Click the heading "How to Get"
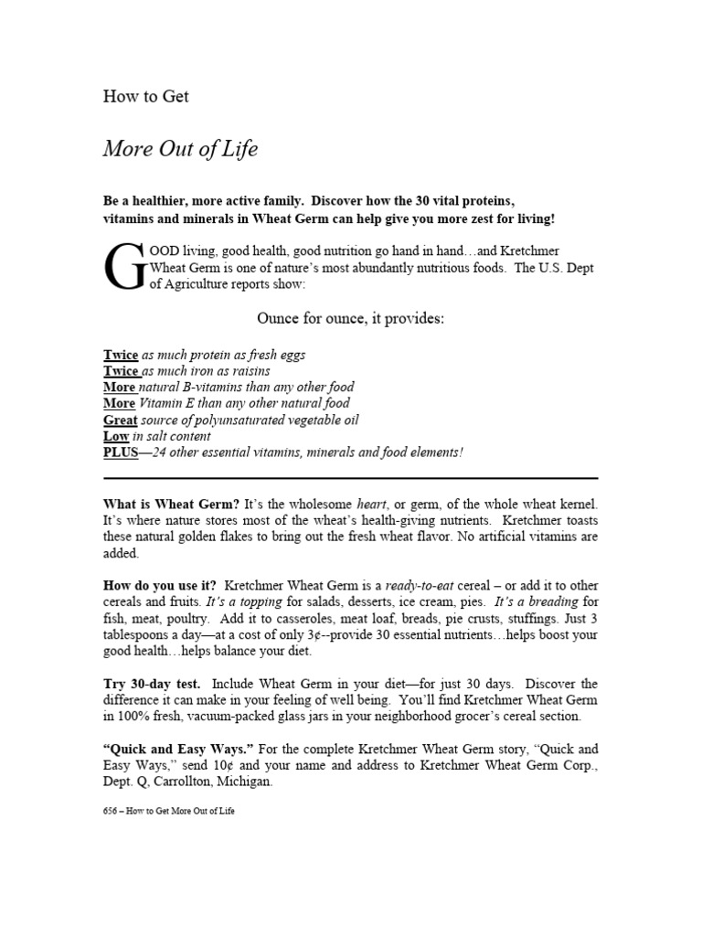coord(146,96)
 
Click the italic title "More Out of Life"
coord(180,150)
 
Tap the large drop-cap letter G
coord(123,265)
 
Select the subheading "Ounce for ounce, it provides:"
coord(350,319)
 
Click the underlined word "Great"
coord(121,420)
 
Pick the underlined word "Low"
coord(116,437)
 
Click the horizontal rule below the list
coord(350,478)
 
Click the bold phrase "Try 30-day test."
coord(154,684)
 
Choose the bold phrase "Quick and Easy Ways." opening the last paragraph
coord(171,750)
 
